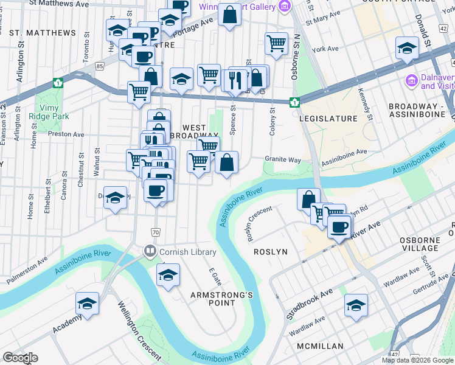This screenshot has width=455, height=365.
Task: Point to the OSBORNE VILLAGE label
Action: coord(428,244)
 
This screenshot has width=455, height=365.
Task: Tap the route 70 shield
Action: coord(156,232)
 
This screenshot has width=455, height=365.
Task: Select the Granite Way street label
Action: coord(283,159)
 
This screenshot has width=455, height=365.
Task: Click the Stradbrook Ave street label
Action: coord(310,304)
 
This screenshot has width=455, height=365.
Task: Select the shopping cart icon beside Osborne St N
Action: coord(276,43)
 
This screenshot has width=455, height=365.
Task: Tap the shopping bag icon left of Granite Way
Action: coord(226,162)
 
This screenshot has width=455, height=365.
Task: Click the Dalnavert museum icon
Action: coord(411,80)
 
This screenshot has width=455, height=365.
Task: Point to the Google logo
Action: coord(21,358)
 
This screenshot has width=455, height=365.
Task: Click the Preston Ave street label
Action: coord(66,134)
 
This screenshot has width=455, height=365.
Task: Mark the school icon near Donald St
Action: coord(406,48)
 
